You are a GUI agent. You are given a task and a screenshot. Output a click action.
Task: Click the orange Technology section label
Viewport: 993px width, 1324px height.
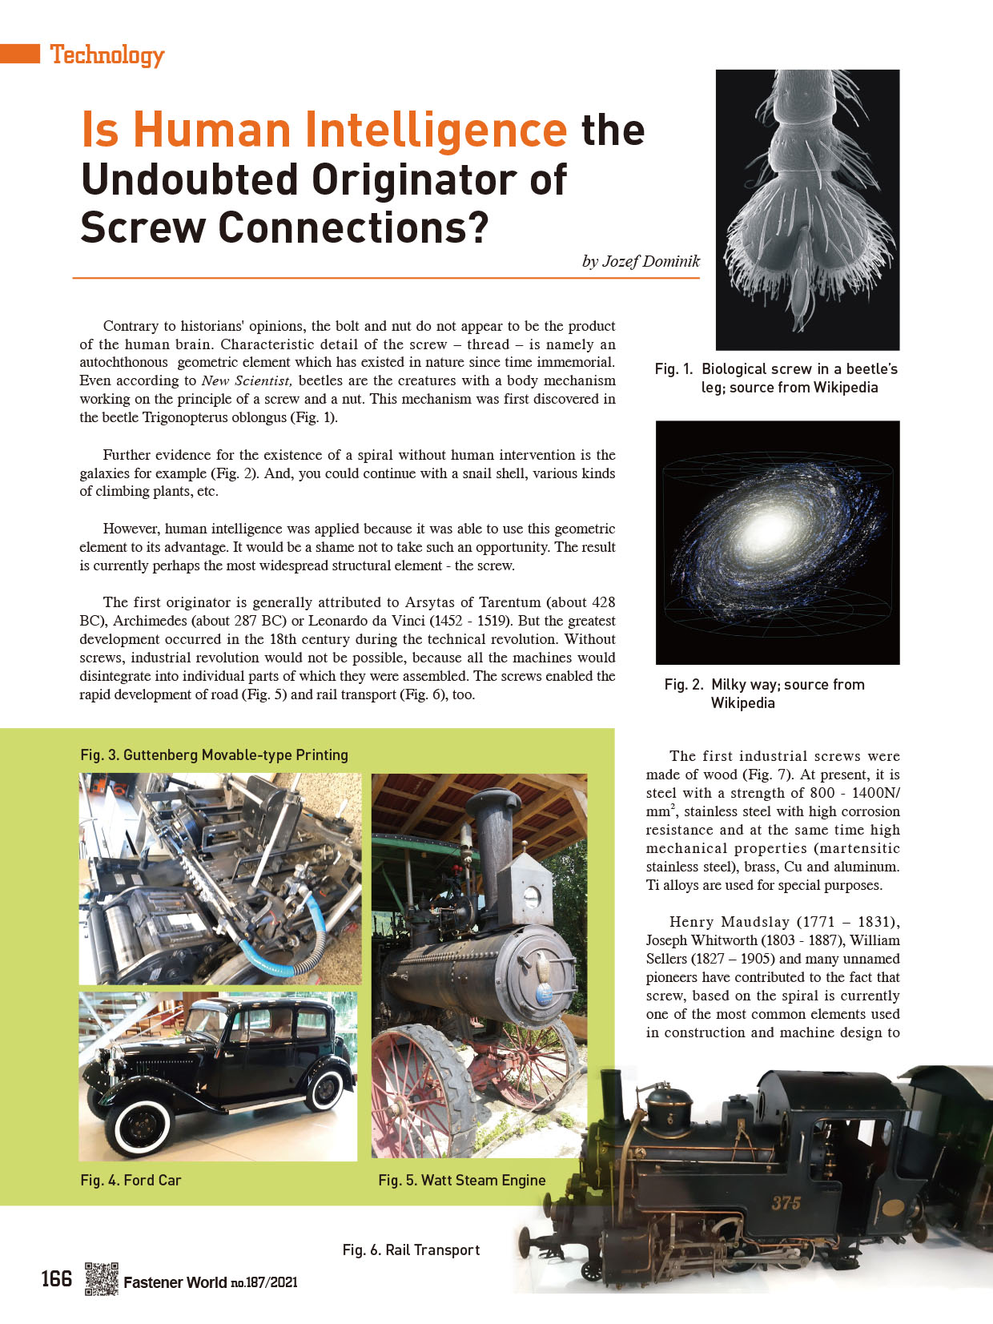click(x=107, y=54)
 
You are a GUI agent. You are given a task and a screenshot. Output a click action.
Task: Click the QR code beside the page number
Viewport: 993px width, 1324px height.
click(x=101, y=1278)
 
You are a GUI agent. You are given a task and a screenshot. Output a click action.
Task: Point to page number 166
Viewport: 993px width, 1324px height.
click(x=57, y=1278)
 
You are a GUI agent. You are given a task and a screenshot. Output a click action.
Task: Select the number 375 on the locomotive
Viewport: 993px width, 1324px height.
click(x=786, y=1203)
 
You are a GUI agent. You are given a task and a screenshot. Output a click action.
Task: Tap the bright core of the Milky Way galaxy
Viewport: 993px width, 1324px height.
click(x=765, y=529)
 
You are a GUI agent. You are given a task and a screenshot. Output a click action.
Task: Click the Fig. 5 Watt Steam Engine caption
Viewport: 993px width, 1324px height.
click(x=461, y=1180)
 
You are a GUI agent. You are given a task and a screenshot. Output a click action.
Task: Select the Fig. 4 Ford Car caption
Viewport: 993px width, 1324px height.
click(x=131, y=1180)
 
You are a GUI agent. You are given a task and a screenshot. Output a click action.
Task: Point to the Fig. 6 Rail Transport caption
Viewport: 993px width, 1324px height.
click(x=411, y=1250)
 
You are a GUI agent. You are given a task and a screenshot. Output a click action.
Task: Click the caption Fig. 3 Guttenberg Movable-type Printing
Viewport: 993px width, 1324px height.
click(x=214, y=755)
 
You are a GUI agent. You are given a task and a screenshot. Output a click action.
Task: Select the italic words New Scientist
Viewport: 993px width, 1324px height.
click(x=247, y=380)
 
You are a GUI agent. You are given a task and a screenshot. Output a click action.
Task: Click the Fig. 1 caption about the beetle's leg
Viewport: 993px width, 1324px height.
click(x=776, y=378)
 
